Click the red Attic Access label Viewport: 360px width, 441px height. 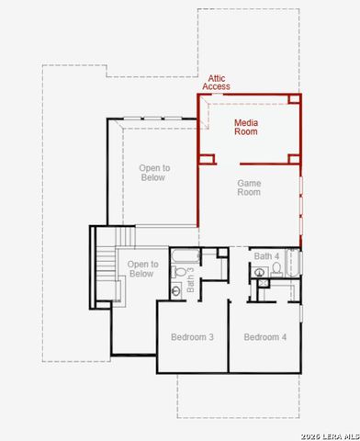216,83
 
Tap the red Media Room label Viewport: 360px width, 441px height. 246,127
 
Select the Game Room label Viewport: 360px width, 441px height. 249,187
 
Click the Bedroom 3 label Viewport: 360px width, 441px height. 192,337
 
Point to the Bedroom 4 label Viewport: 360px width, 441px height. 265,337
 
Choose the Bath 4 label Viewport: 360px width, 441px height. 266,256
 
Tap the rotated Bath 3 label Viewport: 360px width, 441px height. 190,279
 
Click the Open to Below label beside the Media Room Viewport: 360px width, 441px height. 154,173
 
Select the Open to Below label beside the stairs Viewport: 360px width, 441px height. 142,269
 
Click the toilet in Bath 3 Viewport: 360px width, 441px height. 179,271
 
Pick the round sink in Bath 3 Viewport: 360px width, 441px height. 176,291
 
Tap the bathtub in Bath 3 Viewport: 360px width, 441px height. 186,256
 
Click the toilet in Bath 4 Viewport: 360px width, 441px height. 276,269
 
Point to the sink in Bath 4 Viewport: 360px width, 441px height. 260,272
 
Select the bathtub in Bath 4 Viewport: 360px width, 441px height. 293,263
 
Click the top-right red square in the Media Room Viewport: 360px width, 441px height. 294,98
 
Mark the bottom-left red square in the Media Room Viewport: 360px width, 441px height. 207,159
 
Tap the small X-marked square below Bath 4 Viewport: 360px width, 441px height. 264,283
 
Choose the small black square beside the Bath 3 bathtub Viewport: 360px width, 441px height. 222,253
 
